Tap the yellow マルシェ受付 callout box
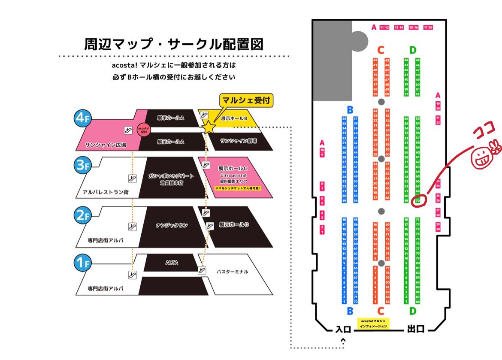[x=246, y=100]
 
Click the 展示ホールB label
[x=234, y=118]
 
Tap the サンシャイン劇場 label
[x=239, y=141]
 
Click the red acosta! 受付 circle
[x=143, y=130]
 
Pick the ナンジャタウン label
[x=172, y=225]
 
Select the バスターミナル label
[x=232, y=272]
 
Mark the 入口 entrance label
[x=343, y=330]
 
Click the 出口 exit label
[x=415, y=330]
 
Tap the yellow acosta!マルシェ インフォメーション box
[x=374, y=324]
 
